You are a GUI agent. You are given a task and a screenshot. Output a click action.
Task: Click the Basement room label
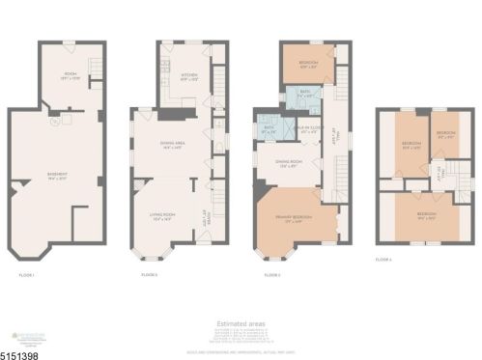coord(57,175)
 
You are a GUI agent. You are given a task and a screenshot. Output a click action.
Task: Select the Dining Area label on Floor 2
coord(173,146)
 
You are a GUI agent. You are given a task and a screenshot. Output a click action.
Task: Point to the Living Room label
coord(162,217)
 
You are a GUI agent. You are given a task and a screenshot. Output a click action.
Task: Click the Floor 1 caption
coord(26,275)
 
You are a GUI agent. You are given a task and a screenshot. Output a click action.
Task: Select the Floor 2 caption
coord(149,275)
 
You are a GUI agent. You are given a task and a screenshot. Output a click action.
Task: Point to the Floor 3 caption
coord(271,275)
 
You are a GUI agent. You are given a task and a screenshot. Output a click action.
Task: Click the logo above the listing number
coord(23,331)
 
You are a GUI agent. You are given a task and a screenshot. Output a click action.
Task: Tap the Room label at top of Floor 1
coord(69,77)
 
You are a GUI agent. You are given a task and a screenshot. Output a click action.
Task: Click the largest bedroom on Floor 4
coord(426,215)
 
